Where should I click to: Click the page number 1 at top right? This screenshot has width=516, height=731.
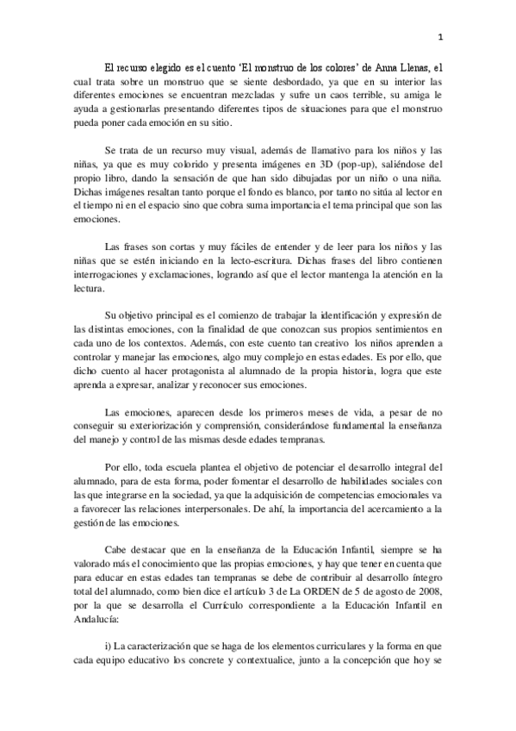point(439,37)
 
